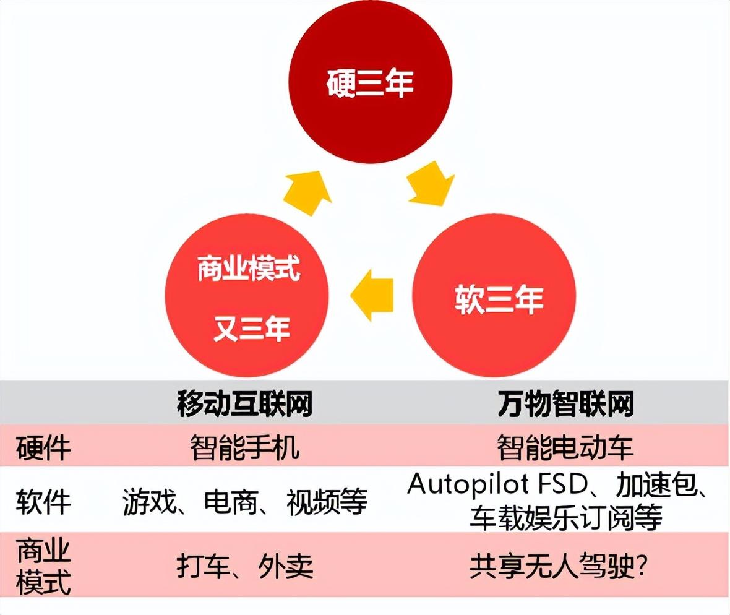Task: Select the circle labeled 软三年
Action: (x=494, y=296)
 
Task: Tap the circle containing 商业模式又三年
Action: (x=247, y=296)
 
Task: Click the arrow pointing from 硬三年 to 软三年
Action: (x=431, y=184)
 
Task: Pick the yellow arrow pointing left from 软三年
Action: (x=372, y=295)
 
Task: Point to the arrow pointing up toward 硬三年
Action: (x=308, y=192)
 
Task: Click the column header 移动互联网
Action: (x=244, y=403)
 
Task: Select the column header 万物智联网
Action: (x=565, y=403)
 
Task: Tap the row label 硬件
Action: (x=43, y=448)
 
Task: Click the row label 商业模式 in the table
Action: (x=43, y=566)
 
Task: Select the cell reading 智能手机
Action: (x=244, y=447)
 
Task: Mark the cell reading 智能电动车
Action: (x=565, y=447)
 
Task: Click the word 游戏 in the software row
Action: (x=150, y=502)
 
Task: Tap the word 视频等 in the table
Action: (x=327, y=502)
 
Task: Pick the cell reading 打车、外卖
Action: (x=245, y=566)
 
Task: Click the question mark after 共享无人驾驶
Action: (x=641, y=566)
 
